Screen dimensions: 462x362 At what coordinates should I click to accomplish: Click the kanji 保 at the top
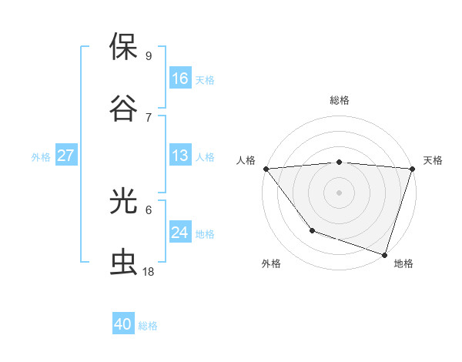124,47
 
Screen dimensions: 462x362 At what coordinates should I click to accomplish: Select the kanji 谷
124,107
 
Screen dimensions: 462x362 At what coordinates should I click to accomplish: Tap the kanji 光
124,201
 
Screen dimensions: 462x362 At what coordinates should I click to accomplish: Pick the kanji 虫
124,263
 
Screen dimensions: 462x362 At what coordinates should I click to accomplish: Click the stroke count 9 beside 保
148,55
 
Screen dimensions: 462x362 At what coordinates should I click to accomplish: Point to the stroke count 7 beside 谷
148,116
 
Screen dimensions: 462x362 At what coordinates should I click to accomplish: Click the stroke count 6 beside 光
148,209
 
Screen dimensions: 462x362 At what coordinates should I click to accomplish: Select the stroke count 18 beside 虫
149,272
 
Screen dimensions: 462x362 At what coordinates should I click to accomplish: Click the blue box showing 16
180,78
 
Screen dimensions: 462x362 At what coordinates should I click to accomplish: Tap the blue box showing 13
180,156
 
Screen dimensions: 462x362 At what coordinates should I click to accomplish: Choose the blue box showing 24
180,232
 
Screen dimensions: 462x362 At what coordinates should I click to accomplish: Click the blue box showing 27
66,156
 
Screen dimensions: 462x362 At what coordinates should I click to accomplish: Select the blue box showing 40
123,324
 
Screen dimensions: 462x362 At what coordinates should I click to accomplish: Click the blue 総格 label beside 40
149,326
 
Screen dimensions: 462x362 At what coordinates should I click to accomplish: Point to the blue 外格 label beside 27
41,157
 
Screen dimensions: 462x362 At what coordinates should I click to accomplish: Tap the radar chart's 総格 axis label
340,100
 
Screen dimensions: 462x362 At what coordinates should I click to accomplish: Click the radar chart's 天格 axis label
434,160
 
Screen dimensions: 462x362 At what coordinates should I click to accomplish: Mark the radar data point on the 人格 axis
266,168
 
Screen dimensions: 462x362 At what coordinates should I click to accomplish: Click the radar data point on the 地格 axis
383,253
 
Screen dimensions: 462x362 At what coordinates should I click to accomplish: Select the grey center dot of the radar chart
340,192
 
